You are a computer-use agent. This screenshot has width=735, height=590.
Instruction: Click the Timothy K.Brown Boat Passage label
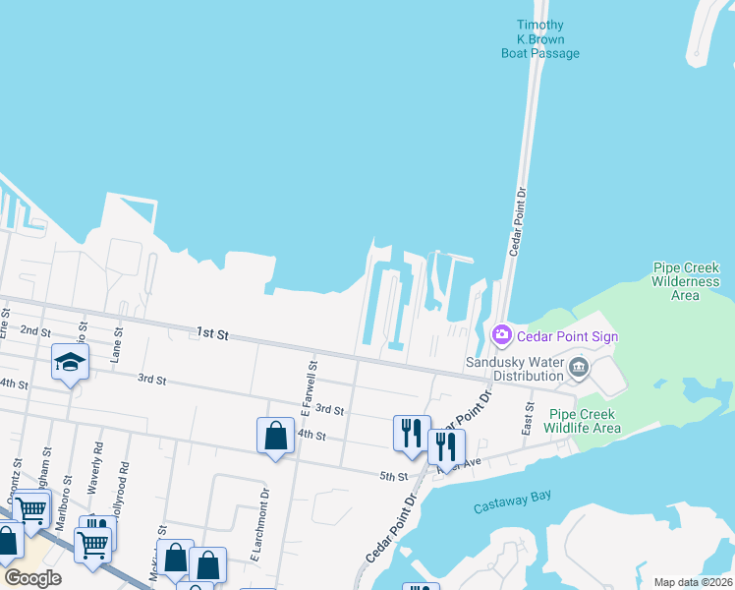coord(540,39)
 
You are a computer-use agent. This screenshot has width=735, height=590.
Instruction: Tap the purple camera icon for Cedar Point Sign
coord(502,336)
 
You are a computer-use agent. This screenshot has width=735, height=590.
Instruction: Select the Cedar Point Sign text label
coord(569,336)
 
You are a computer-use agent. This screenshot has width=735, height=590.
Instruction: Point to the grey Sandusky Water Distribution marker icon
coord(578,370)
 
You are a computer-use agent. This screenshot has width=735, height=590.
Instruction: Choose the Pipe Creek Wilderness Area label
coord(686,281)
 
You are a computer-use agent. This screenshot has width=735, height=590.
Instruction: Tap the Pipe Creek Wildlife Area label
coord(585,421)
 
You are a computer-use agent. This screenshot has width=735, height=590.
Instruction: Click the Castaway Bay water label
coord(512,507)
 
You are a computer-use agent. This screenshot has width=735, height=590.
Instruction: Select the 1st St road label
coord(211,334)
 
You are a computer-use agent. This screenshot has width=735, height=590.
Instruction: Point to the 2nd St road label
coord(34,331)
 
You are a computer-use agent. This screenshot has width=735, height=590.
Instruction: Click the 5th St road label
coord(393,477)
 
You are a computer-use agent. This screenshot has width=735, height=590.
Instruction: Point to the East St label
coord(531,417)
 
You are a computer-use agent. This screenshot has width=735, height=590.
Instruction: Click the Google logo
coord(32,578)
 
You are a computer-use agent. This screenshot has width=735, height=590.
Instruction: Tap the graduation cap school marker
coord(71,362)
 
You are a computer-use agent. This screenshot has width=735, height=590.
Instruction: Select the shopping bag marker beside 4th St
coord(275,436)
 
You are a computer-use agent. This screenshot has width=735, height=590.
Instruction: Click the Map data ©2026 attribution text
coord(693,582)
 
